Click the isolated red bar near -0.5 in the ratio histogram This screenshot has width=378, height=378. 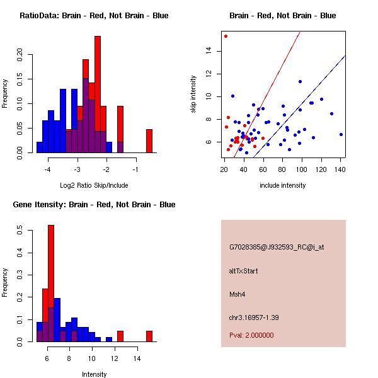tap(149, 140)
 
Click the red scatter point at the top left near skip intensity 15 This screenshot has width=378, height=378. tap(226, 37)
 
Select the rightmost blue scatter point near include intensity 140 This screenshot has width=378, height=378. tap(341, 134)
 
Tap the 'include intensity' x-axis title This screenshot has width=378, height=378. tap(282, 186)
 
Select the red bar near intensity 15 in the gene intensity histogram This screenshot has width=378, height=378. tap(149, 336)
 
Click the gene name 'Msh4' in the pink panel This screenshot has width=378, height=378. tap(236, 294)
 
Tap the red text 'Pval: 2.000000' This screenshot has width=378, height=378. tap(251, 335)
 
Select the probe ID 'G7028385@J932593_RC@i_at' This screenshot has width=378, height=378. tap(277, 248)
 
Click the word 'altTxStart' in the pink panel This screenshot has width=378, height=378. tap(244, 272)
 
